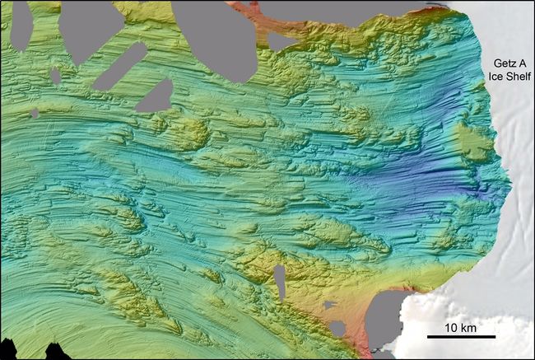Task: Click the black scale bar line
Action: click(x=461, y=336)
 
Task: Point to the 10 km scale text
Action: click(x=461, y=327)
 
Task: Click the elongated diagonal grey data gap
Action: click(x=119, y=66)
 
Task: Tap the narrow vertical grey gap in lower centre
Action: click(x=280, y=282)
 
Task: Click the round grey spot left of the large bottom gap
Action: click(x=337, y=329)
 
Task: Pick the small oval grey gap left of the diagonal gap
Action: click(x=55, y=76)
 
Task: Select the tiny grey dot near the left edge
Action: click(x=35, y=114)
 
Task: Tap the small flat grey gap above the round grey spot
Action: click(x=330, y=305)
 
